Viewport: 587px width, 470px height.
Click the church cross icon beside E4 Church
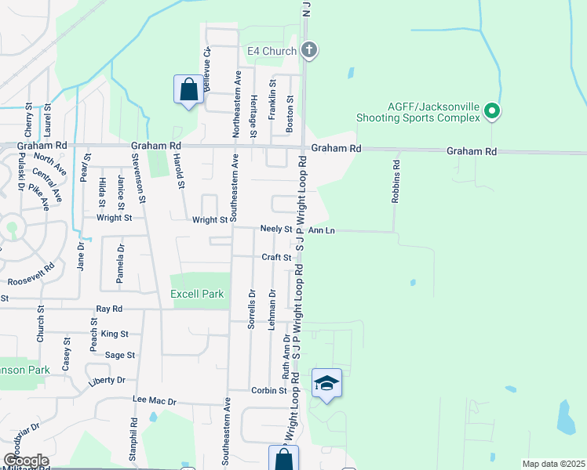coord(309,51)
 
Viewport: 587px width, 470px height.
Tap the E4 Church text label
coord(272,52)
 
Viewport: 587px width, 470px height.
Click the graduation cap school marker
coord(326,383)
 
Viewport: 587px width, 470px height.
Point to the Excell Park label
coord(197,295)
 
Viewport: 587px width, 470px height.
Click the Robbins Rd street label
coord(397,182)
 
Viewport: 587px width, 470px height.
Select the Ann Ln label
coord(322,230)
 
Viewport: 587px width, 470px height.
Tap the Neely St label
coord(277,230)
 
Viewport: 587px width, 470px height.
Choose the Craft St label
coord(277,257)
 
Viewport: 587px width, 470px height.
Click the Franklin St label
coord(272,99)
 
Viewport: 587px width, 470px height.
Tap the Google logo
coord(26,461)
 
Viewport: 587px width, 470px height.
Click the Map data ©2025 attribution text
coord(552,464)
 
